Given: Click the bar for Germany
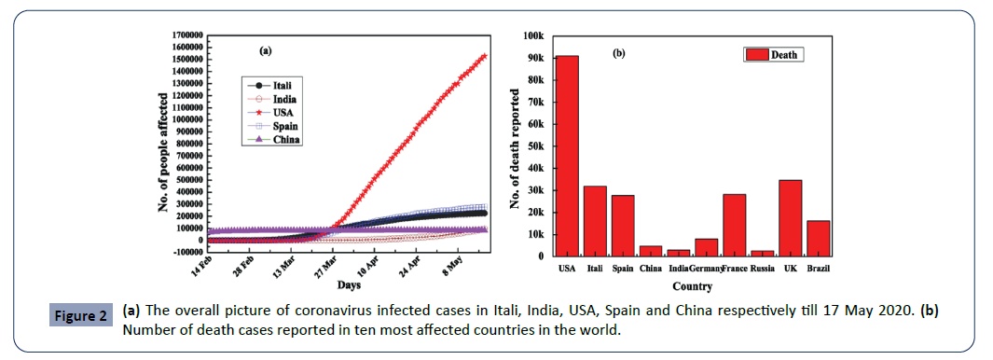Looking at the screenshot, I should (x=707, y=247).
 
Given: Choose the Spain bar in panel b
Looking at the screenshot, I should (x=622, y=225).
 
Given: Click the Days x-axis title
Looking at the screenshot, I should (x=350, y=284).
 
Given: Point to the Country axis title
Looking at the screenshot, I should (x=692, y=286).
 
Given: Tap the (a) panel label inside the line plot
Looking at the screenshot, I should (x=265, y=51).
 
